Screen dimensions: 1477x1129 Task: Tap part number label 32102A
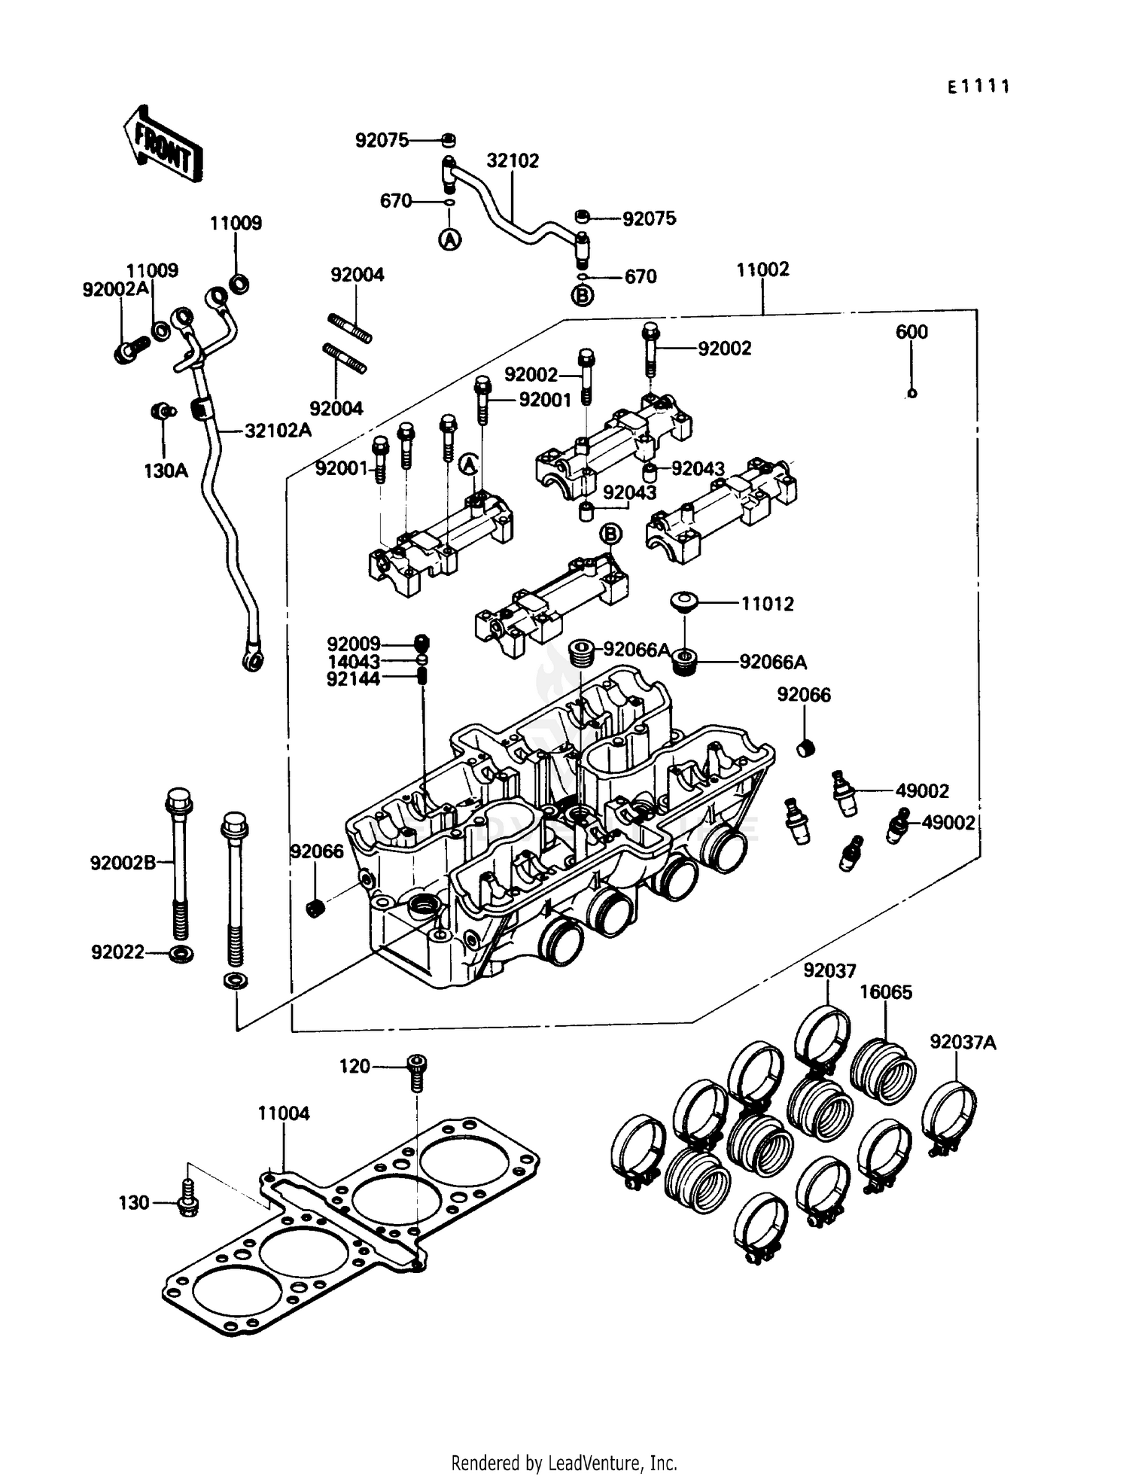coord(278,431)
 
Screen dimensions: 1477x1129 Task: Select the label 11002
coord(762,270)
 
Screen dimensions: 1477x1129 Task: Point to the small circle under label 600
coord(911,393)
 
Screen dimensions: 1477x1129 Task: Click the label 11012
coord(767,604)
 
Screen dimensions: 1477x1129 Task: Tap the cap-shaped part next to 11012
coord(684,600)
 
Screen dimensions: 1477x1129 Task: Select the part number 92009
coord(353,644)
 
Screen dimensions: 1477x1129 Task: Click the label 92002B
coord(123,863)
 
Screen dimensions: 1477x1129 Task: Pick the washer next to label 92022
coord(181,954)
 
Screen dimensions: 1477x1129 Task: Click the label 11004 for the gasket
coord(284,1113)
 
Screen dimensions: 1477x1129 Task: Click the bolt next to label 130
coord(186,1203)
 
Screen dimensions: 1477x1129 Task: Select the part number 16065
coord(886,991)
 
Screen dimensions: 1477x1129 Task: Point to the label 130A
coord(166,471)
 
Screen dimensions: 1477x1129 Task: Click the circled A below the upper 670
coord(449,239)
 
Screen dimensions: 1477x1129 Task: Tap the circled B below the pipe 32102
coord(583,296)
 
